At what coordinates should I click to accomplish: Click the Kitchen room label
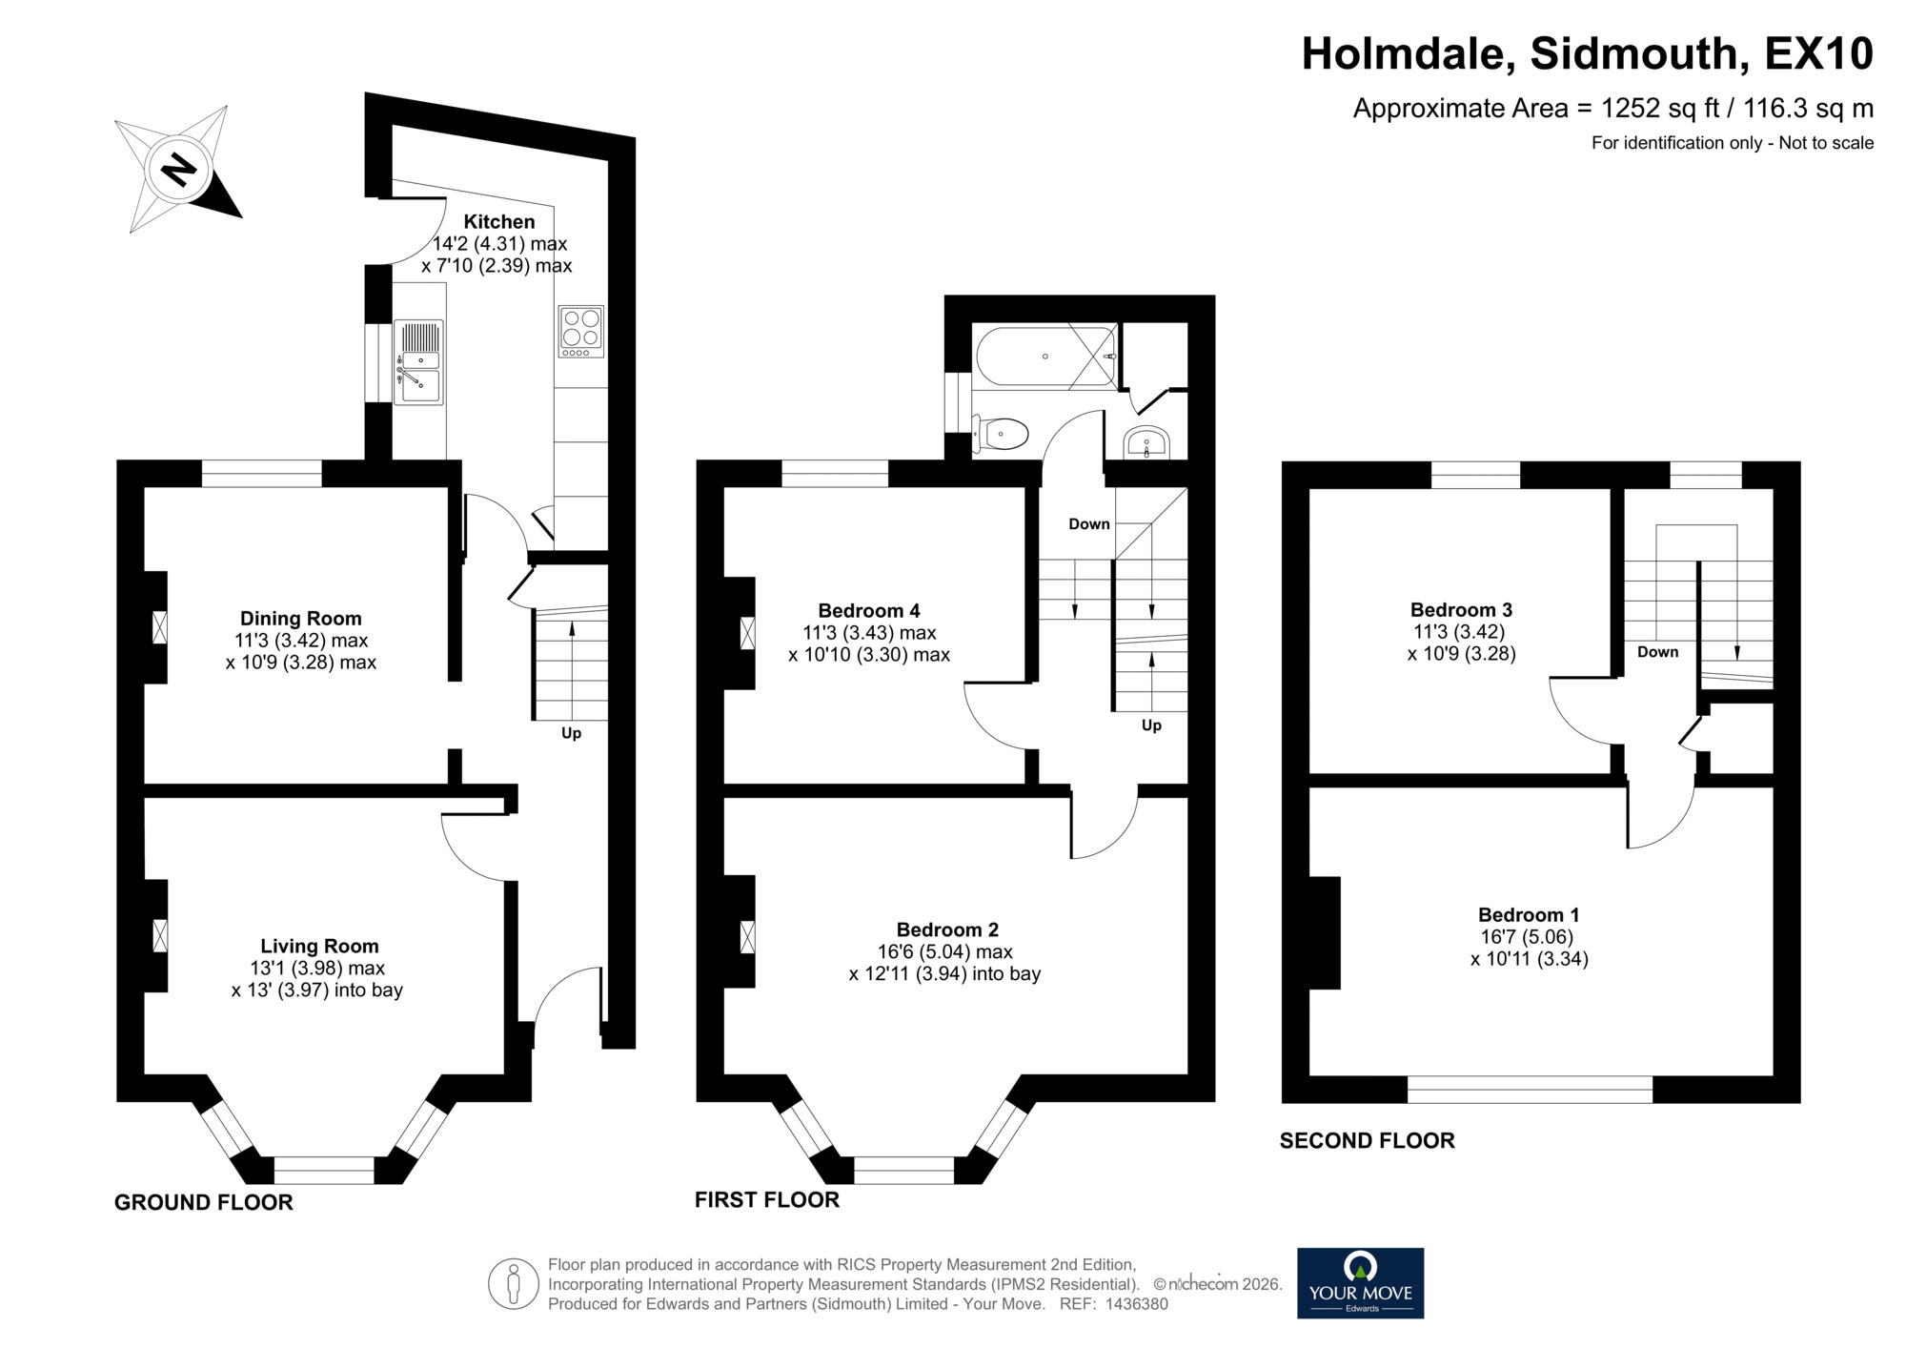[x=498, y=221]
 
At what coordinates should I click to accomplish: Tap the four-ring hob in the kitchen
[x=581, y=331]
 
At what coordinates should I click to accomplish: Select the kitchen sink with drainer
[x=419, y=362]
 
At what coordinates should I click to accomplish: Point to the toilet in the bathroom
[x=1001, y=435]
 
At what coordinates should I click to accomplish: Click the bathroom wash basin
[x=1146, y=442]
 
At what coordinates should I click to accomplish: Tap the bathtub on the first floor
[x=1045, y=357]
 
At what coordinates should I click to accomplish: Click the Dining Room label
[x=300, y=618]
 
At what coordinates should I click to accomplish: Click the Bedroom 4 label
[x=869, y=610]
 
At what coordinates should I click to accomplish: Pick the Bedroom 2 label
[x=947, y=929]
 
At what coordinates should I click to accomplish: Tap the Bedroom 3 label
[x=1461, y=609]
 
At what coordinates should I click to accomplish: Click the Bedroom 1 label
[x=1529, y=914]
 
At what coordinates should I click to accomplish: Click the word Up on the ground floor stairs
[x=571, y=733]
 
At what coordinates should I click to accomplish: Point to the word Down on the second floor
[x=1657, y=652]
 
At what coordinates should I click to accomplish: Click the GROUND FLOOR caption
[x=203, y=1202]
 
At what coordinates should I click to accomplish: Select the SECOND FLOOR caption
[x=1367, y=1140]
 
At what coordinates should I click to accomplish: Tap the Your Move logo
[x=1360, y=1283]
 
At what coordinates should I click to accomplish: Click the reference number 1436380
[x=1136, y=1304]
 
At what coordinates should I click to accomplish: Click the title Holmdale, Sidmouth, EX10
[x=1587, y=54]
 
